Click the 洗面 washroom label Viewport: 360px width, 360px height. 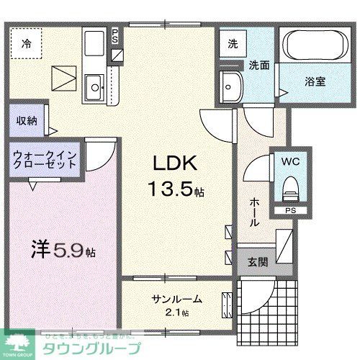[259, 65]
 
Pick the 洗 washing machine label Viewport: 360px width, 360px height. [232, 42]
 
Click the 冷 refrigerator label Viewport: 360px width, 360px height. [25, 42]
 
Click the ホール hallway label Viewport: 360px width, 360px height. [253, 213]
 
